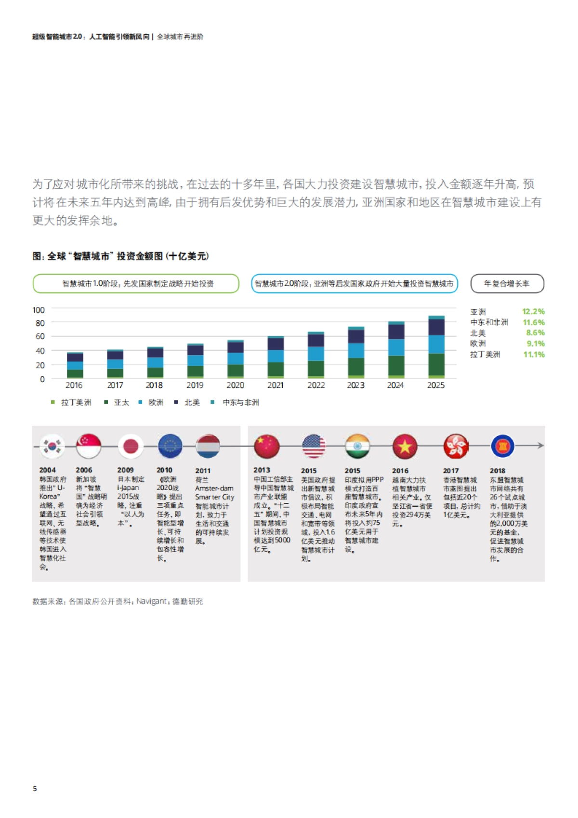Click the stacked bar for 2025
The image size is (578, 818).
pos(436,347)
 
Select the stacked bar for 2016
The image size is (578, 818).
pos(75,365)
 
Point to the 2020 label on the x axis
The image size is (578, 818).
pos(235,385)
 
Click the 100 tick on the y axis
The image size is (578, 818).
pos(39,310)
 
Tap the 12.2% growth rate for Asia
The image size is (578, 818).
pos(533,312)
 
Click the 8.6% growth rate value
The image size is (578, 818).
pos(535,333)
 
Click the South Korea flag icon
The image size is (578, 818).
pos(52,447)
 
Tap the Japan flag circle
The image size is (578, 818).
pos(131,447)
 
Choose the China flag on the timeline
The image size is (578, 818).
pos(266,447)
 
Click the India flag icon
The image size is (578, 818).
pos(357,447)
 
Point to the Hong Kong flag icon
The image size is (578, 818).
pos(455,447)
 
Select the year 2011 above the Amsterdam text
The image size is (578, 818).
pos(203,471)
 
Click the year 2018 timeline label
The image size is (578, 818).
pos(498,471)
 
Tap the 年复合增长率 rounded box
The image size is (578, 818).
pos(507,284)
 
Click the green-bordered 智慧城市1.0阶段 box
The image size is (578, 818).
pos(136,284)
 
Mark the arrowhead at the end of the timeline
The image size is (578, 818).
pos(541,446)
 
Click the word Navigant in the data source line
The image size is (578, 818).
pos(151,601)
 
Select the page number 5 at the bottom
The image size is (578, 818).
pos(35,789)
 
